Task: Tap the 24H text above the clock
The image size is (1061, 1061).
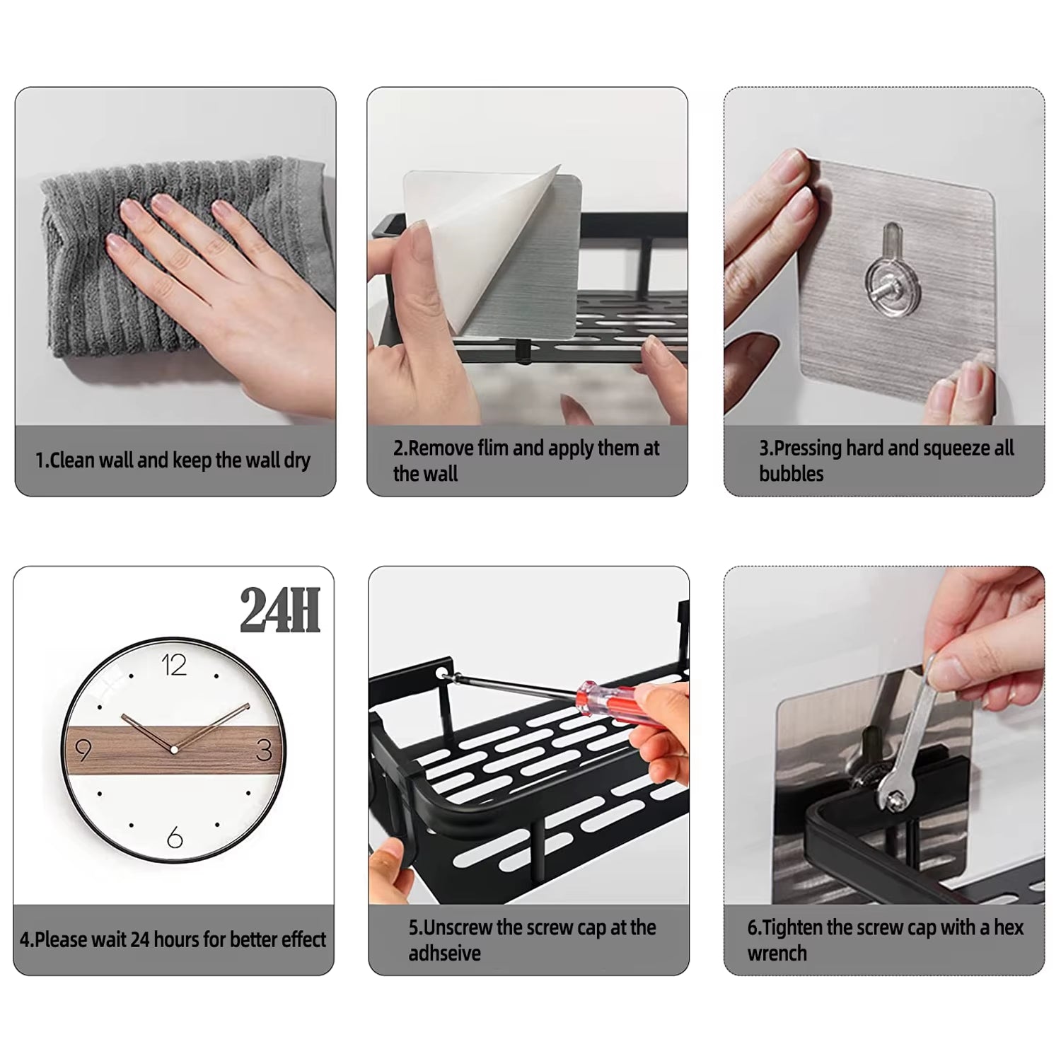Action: point(280,610)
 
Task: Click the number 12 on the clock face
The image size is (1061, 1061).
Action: point(174,665)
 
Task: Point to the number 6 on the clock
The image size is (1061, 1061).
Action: point(175,837)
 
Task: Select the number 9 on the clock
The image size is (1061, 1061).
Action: point(83,750)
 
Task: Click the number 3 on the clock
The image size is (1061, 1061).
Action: point(264,750)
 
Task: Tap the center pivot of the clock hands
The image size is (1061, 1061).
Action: point(173,749)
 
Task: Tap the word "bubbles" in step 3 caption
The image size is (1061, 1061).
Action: point(791,474)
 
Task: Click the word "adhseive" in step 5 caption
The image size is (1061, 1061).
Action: point(444,953)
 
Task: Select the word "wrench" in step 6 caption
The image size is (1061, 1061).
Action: point(777,953)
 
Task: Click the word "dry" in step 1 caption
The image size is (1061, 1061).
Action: point(297,461)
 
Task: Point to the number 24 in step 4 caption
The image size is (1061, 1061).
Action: point(140,940)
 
